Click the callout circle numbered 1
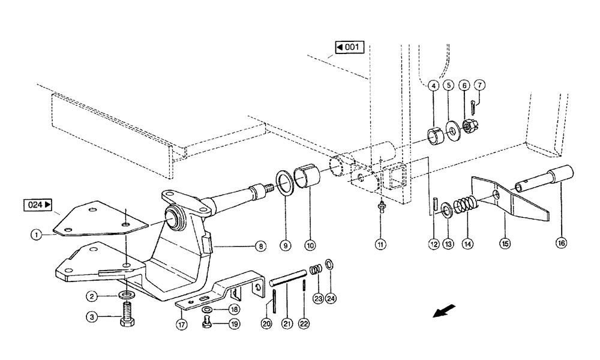[x=37, y=236]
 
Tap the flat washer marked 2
[x=127, y=295]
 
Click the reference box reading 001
[x=349, y=47]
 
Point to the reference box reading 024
[x=38, y=205]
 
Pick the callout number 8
[x=259, y=245]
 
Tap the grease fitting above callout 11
[x=380, y=207]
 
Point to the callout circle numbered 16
[x=561, y=244]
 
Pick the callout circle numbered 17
[x=181, y=324]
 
